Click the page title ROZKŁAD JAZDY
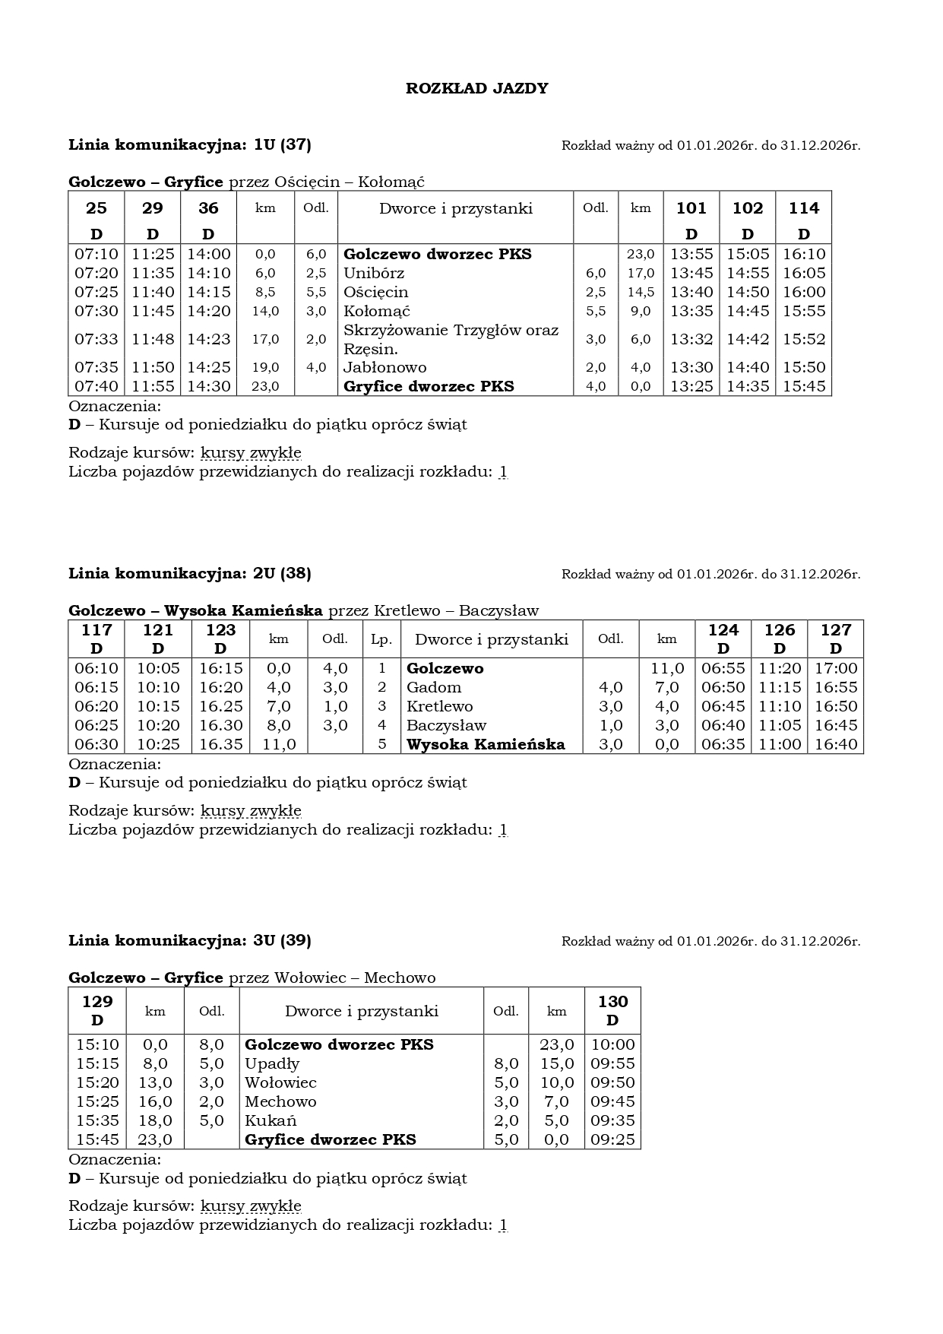[476, 88]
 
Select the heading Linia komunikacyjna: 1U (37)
[190, 144]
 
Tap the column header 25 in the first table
[97, 208]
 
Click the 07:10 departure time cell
[97, 254]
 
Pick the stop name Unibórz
[374, 273]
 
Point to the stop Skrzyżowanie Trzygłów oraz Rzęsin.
[451, 339]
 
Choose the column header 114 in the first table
[804, 208]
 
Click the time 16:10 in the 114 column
[804, 254]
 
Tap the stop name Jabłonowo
[385, 367]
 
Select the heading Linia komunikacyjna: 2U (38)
[190, 573]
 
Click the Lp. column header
[381, 639]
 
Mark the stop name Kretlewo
[439, 706]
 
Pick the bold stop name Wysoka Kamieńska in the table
[486, 744]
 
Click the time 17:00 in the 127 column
[836, 668]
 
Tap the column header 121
[158, 630]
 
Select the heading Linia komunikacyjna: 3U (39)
[190, 940]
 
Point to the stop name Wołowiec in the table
[280, 1082]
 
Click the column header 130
[612, 1002]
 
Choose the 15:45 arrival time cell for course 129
[97, 1139]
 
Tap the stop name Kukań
[271, 1120]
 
